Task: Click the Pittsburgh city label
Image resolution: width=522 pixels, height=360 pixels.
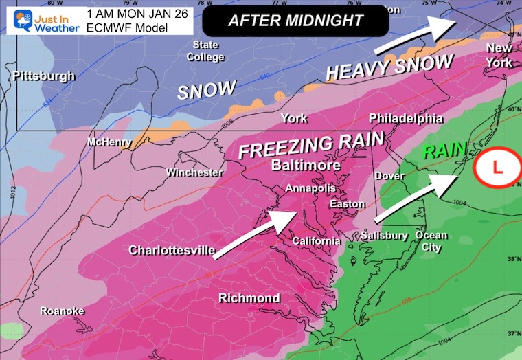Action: tap(43, 76)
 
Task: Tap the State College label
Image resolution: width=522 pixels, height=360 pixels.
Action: tap(205, 52)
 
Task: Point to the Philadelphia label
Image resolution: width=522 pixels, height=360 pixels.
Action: tap(406, 118)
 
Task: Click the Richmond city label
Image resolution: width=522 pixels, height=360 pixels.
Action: tap(249, 297)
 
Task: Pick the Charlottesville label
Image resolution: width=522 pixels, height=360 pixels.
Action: tap(172, 250)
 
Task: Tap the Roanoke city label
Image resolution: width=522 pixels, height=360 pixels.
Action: tap(62, 311)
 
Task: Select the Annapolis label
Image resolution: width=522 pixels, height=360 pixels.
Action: tap(311, 188)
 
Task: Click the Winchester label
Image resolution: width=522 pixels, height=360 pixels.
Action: tap(194, 172)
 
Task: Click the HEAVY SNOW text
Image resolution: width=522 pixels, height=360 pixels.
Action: tap(389, 67)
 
